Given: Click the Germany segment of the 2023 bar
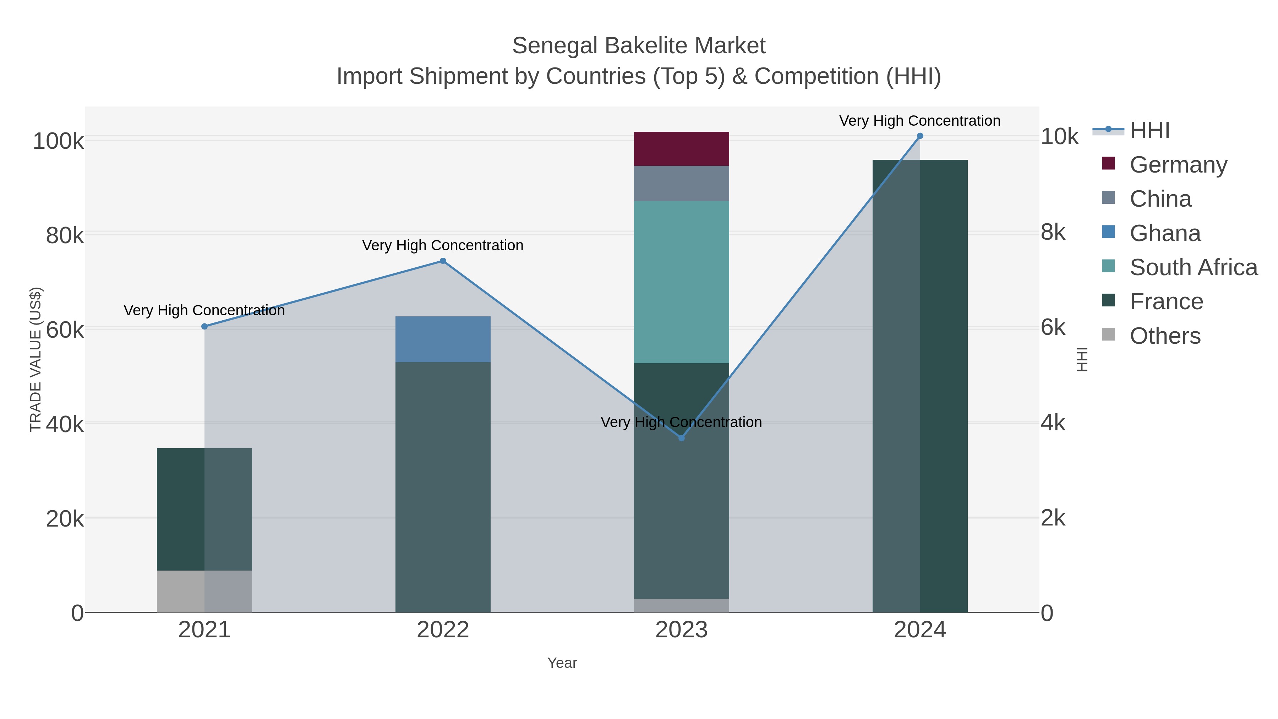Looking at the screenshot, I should (681, 149).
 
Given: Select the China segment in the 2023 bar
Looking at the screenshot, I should (681, 184).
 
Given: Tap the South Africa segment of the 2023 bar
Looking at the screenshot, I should (681, 282).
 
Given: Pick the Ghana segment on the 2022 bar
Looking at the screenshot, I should (443, 339).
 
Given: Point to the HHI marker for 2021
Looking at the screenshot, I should (204, 327).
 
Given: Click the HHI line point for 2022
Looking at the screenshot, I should (443, 261).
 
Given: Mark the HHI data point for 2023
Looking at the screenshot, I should (681, 438).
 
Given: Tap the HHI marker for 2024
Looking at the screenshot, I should (920, 136).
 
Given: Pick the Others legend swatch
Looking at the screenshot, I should (1108, 335).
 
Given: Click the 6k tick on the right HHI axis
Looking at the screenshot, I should (1053, 327).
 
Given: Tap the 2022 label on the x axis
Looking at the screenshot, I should (443, 630).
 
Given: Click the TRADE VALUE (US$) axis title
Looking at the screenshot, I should (36, 359).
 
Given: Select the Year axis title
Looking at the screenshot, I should (562, 663).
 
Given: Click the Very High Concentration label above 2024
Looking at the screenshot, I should (919, 121).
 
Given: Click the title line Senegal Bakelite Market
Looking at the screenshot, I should (639, 46).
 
